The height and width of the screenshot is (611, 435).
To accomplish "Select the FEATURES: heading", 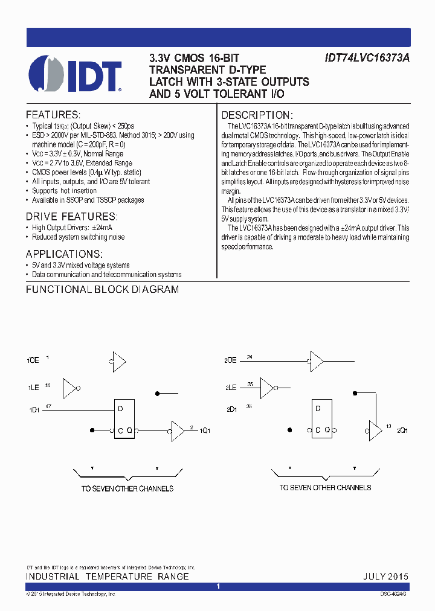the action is point(53,115).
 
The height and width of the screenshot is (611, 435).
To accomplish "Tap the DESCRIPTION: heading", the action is point(257,115).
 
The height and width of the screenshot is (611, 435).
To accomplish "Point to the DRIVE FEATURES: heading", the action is point(71,217).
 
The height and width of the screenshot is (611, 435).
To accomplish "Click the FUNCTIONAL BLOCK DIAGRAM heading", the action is point(102,289).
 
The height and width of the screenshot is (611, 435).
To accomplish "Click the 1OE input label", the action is point(33,360).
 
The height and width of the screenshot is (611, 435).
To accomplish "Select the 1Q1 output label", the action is point(205,430).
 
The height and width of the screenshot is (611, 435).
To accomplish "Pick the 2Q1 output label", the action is point(402,430).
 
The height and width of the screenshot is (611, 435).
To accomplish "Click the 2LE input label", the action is point(230,387).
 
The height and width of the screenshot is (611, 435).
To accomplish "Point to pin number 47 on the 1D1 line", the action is point(48,408).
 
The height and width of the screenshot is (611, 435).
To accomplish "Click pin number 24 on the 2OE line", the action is point(250,357).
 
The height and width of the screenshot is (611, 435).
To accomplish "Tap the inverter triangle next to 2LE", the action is point(267,388).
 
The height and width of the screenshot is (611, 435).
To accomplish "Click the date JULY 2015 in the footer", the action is point(385,577).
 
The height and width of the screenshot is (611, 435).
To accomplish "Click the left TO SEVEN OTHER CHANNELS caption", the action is point(127,488).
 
